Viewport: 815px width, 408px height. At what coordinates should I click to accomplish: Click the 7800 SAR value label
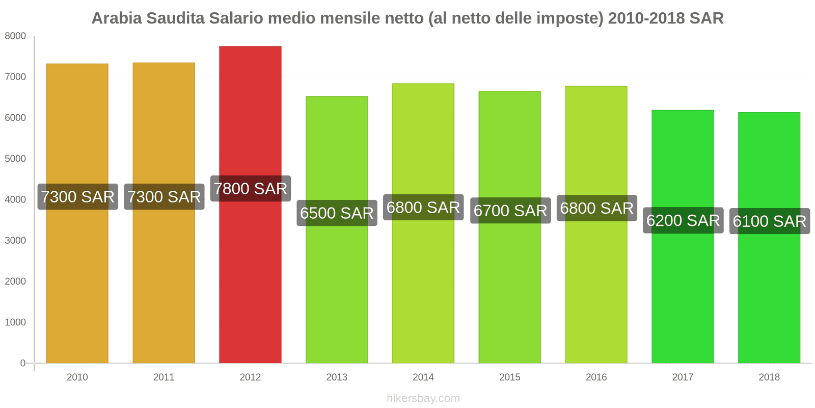tap(250, 189)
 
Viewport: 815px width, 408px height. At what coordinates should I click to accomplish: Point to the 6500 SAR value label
tap(337, 213)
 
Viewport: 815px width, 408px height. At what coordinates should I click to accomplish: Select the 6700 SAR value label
tap(510, 211)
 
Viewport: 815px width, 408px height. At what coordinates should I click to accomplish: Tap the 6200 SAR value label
tap(683, 220)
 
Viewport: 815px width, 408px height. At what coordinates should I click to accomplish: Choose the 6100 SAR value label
tap(769, 221)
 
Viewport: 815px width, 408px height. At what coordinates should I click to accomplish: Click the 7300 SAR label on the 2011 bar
tap(164, 197)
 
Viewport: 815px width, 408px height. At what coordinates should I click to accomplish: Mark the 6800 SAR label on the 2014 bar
tap(423, 208)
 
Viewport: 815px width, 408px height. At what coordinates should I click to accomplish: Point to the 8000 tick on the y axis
tap(15, 36)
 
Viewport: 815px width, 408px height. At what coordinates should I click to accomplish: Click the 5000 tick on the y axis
tap(15, 159)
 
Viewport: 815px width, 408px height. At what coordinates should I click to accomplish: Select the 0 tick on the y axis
tap(22, 363)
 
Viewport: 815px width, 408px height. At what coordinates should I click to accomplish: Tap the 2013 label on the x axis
tap(337, 377)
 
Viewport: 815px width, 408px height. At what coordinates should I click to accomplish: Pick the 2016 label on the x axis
tap(596, 377)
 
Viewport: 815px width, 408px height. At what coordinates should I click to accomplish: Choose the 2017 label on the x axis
tap(683, 377)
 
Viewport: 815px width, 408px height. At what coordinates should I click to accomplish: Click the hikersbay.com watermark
tap(423, 398)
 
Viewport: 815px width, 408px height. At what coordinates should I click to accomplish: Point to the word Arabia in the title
tap(117, 18)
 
